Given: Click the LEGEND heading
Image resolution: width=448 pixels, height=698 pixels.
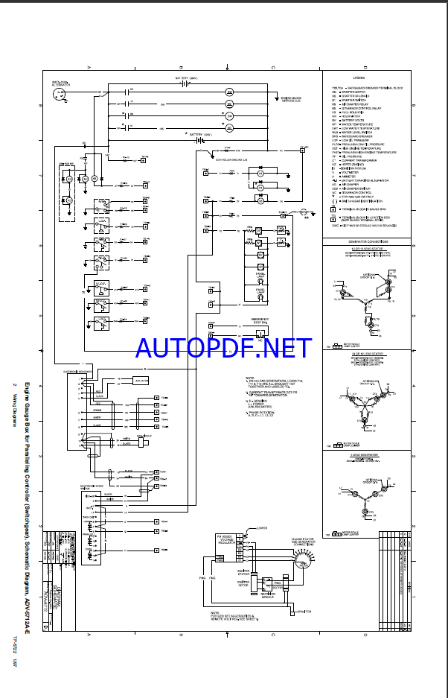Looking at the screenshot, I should click(x=359, y=77).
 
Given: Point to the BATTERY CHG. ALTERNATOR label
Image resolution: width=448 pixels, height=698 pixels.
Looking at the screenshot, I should click(x=60, y=83).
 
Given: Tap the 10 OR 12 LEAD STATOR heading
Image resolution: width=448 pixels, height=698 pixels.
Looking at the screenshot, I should click(x=365, y=355).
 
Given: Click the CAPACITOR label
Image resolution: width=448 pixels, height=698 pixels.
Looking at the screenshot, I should click(x=303, y=589).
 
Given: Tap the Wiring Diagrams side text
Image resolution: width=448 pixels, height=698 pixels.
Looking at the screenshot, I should click(x=15, y=407).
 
